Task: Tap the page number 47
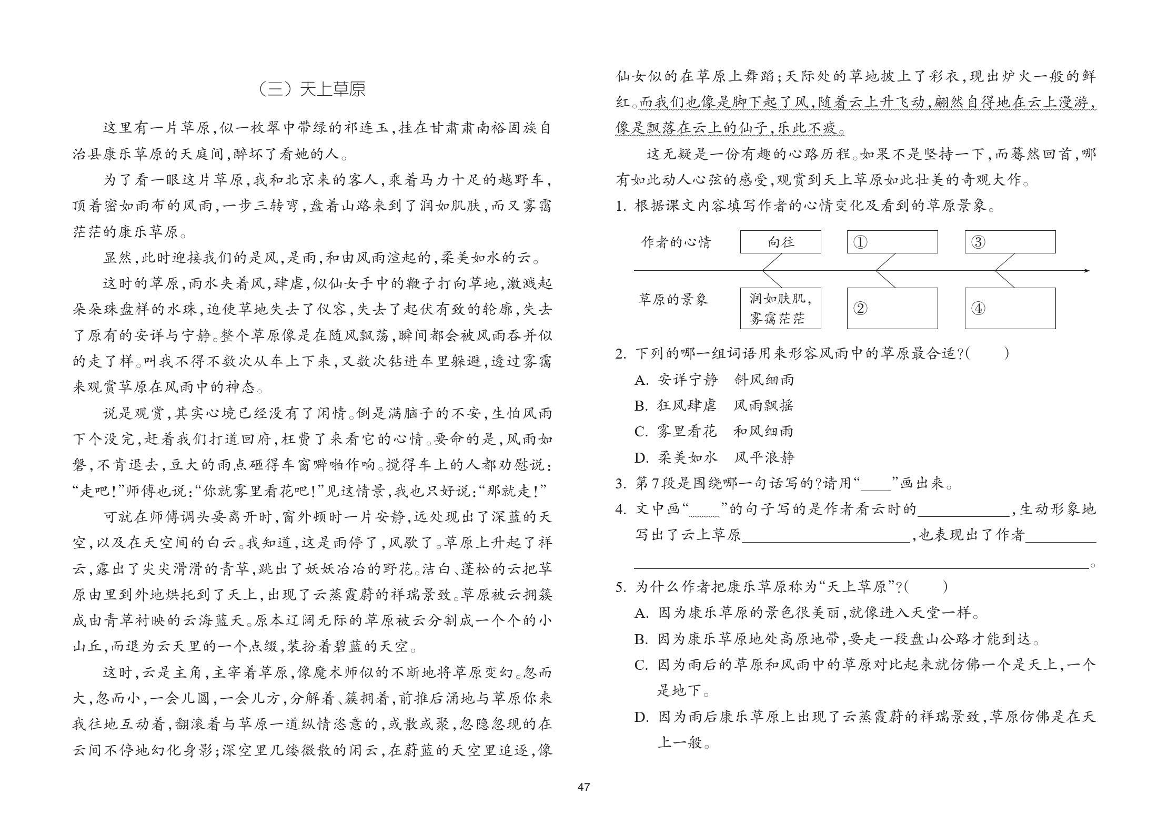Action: coord(583,787)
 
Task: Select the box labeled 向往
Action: coord(780,242)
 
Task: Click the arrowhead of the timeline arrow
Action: coord(1086,271)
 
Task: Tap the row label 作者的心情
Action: coord(676,242)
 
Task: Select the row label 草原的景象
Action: coord(673,300)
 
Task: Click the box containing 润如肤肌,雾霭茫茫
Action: coord(780,309)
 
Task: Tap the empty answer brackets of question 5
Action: coord(927,586)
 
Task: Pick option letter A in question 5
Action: coord(641,613)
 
